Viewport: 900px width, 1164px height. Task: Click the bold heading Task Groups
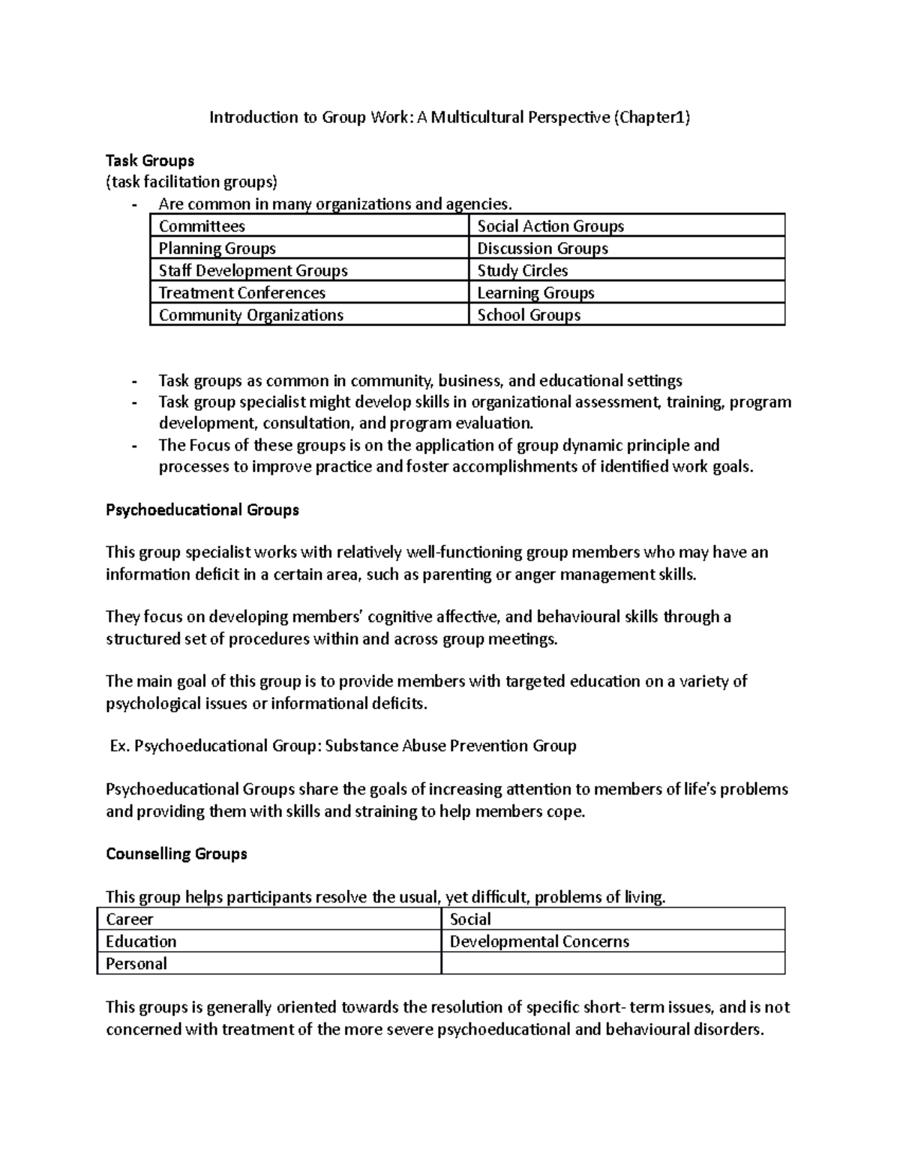click(x=150, y=160)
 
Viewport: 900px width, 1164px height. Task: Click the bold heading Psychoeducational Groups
click(x=202, y=510)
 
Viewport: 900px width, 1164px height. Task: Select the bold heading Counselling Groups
click(x=176, y=854)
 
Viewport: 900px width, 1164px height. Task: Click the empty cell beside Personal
click(x=613, y=964)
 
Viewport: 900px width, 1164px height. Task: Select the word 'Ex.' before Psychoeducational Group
click(x=119, y=746)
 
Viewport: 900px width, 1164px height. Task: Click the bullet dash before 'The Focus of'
click(x=134, y=446)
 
